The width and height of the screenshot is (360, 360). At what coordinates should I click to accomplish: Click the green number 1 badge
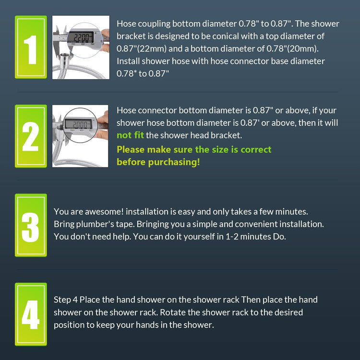[x=31, y=47]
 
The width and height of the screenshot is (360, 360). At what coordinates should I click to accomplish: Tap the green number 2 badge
[x=31, y=136]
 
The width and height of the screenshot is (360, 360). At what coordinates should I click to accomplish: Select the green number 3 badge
[x=31, y=225]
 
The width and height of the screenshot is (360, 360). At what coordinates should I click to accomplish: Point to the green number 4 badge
[x=31, y=314]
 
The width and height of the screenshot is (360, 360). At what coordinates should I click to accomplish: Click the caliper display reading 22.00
[x=81, y=37]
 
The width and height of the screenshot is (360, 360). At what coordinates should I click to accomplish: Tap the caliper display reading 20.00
[x=79, y=124]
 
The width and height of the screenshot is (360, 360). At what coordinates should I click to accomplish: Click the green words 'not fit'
[x=130, y=135]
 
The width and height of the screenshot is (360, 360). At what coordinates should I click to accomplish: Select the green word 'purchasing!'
[x=174, y=162]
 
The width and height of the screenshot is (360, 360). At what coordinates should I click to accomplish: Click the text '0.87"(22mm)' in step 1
[x=142, y=48]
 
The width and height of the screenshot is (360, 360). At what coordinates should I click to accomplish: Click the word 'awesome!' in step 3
[x=104, y=212]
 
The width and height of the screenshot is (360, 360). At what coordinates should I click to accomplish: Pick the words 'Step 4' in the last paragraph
[x=65, y=300]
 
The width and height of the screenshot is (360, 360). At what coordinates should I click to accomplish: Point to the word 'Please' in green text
[x=131, y=150]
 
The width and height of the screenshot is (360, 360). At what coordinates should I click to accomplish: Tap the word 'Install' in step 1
[x=128, y=61]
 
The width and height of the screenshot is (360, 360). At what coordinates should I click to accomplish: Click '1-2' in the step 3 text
[x=232, y=237]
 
